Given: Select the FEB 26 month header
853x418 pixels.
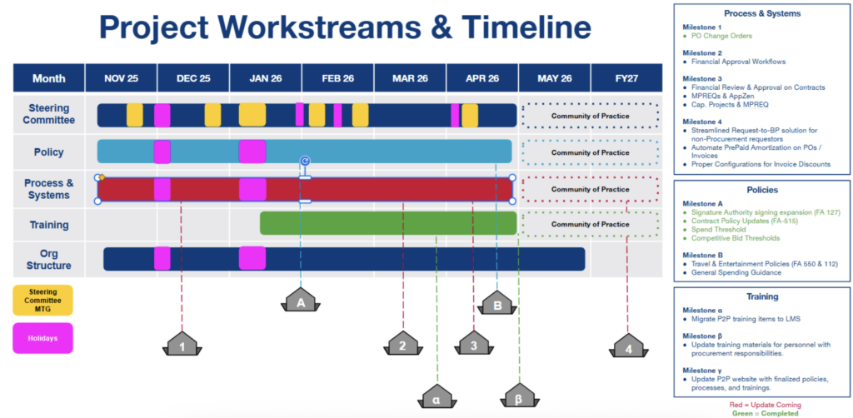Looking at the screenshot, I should (x=337, y=78).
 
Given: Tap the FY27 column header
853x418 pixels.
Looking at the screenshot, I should (x=626, y=78).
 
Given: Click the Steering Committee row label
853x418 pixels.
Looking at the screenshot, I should (x=49, y=114).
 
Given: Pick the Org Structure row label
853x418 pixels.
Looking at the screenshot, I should (x=49, y=259).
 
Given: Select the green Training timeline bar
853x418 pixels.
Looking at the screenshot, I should (x=387, y=223).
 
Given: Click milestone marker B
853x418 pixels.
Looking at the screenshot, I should (x=497, y=306).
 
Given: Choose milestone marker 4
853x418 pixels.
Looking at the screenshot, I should (x=628, y=348).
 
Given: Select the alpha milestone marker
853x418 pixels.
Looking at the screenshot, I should (x=435, y=398).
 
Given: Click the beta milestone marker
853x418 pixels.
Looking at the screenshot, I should (x=518, y=399).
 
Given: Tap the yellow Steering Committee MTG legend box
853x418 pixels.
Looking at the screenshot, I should (x=43, y=301).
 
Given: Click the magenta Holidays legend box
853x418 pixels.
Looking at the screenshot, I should (x=43, y=338).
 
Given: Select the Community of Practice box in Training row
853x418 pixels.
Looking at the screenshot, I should (x=590, y=224).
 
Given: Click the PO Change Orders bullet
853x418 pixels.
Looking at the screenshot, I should (x=717, y=35).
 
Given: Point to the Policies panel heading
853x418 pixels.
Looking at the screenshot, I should (x=761, y=189).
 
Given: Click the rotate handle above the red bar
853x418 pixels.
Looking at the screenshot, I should (x=305, y=161).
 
